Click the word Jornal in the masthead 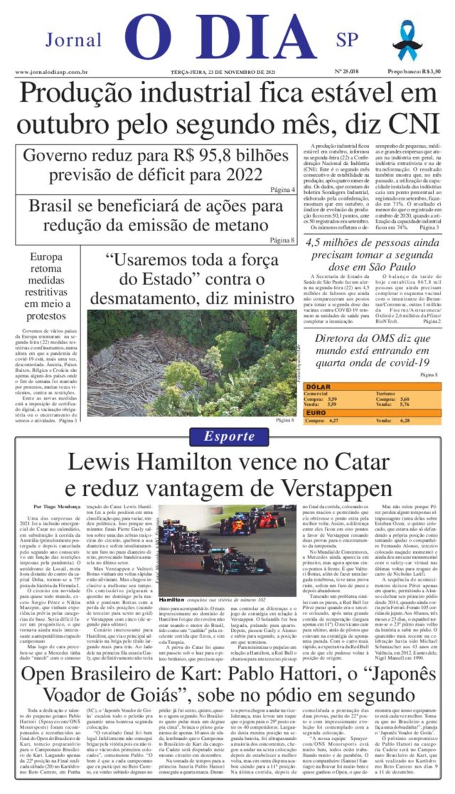[74, 40]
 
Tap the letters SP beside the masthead [347, 40]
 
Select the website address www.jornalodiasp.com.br [51, 72]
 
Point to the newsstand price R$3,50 [414, 72]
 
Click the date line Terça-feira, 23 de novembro [223, 72]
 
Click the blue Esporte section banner [229, 436]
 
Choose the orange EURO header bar [372, 413]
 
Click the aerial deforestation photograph [192, 363]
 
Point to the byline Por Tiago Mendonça [57, 507]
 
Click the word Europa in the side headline [46, 257]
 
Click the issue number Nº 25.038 [346, 72]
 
